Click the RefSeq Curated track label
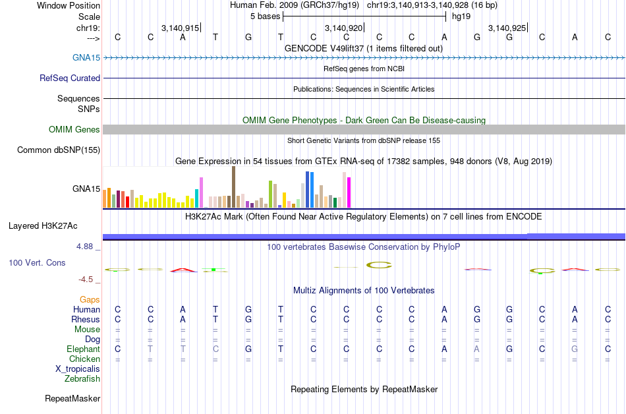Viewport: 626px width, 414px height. click(x=70, y=78)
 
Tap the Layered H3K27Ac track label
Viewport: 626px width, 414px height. click(x=43, y=225)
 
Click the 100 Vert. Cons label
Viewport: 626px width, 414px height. click(x=37, y=262)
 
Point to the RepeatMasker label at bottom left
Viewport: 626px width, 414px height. click(x=72, y=398)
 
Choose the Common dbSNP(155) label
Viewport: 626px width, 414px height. click(x=59, y=150)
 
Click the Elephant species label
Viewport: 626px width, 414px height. click(x=83, y=349)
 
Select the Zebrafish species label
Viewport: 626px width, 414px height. click(x=82, y=378)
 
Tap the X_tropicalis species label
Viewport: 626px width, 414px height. click(x=78, y=369)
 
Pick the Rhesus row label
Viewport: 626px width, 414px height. click(x=86, y=319)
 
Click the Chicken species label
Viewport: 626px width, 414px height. click(x=84, y=359)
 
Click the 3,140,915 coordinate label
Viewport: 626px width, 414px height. click(x=180, y=28)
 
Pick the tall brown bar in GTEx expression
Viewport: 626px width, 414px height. click(x=233, y=187)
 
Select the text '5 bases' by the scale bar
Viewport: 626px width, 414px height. click(x=265, y=16)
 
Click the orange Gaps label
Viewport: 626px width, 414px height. click(x=90, y=299)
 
